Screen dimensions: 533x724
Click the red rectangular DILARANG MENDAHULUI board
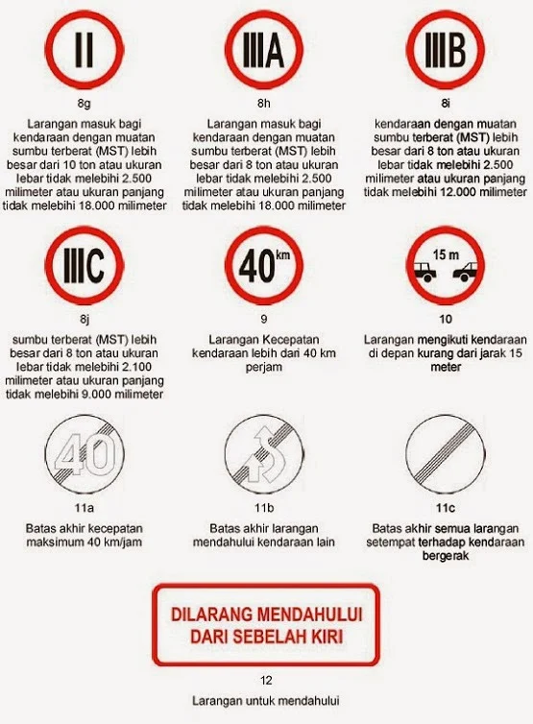point(266,625)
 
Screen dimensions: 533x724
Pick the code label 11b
point(262,508)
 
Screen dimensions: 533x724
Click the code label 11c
point(443,508)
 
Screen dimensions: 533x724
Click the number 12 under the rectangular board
point(266,680)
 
